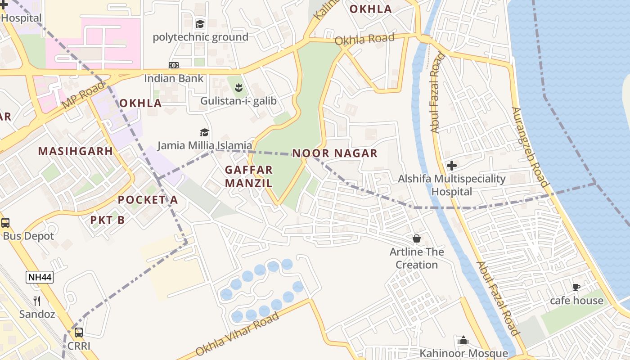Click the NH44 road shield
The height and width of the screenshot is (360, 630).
coord(40,277)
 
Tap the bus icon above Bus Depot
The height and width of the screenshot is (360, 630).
coord(5,222)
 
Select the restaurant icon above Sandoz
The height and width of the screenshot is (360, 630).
coord(37,301)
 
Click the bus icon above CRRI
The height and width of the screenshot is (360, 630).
coord(79,333)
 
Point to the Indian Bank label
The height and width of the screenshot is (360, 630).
coord(174,78)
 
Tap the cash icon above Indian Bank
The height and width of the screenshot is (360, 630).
coord(174,65)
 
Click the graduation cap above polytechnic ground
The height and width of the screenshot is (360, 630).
coord(200,24)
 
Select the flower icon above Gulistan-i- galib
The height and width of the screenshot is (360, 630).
coord(238,87)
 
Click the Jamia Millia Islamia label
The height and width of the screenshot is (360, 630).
coord(205,145)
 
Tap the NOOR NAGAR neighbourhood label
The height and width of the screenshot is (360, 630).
coord(335,153)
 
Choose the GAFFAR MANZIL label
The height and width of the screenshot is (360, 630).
coord(249,176)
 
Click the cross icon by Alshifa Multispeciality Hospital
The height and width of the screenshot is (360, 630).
coord(452,166)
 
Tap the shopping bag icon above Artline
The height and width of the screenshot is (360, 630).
coord(417,238)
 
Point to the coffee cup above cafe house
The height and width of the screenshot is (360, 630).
coord(576,287)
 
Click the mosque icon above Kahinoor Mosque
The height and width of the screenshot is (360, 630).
coord(463,341)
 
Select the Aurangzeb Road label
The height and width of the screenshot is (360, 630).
coord(530,147)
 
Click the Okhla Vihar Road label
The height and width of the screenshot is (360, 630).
coord(238,335)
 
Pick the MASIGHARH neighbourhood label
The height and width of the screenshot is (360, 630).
coord(76,151)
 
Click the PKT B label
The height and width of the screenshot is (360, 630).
coord(108,220)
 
